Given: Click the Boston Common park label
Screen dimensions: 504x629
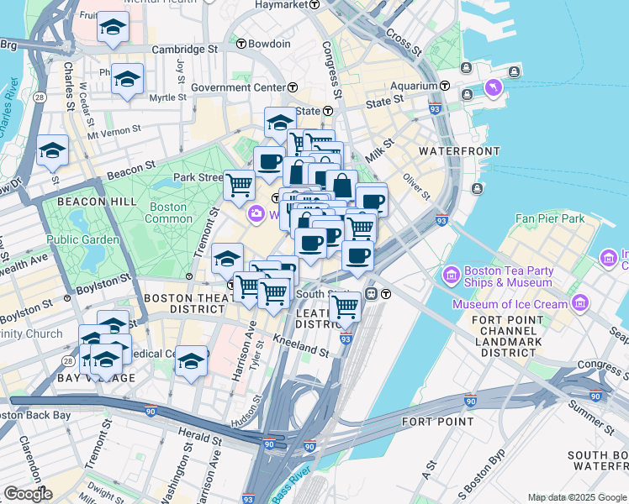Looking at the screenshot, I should (x=168, y=213).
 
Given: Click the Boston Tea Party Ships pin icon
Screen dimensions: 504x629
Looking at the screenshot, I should (x=451, y=276).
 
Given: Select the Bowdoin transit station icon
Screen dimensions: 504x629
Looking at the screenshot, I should (x=240, y=44).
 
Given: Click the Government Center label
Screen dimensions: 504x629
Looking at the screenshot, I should (x=238, y=87).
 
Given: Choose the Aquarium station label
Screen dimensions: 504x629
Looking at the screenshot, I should (x=414, y=86).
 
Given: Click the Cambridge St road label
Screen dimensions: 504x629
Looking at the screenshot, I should (x=184, y=50).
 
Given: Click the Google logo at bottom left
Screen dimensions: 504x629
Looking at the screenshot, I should (x=28, y=494).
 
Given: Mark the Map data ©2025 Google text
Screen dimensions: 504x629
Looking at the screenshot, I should (x=576, y=497).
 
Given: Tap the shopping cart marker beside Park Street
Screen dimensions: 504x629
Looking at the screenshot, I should (x=239, y=183).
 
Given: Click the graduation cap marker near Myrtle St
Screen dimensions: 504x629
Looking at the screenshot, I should (x=127, y=80).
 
